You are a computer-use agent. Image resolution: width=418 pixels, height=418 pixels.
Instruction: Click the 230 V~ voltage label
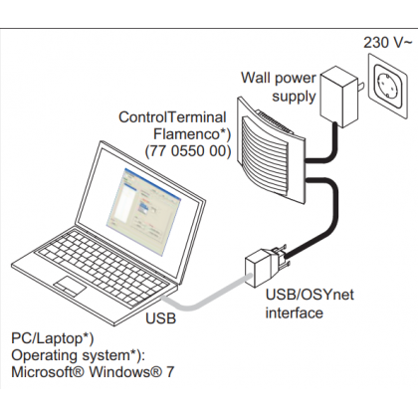click(x=388, y=43)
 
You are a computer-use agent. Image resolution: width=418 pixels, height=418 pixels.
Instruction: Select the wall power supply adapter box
click(x=338, y=97)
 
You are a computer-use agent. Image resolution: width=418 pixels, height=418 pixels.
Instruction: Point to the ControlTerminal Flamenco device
click(x=271, y=149)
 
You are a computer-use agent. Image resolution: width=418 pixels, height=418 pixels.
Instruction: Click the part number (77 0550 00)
click(x=188, y=151)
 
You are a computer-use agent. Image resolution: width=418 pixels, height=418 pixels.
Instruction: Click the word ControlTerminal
click(x=172, y=117)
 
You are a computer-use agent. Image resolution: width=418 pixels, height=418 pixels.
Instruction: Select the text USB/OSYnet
click(x=310, y=295)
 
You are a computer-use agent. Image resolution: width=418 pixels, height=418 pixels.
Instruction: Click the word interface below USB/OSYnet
click(x=295, y=313)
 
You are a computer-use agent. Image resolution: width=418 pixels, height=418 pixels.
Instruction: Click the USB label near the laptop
click(x=160, y=318)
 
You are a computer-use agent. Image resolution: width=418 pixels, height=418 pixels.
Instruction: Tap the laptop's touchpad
click(x=71, y=286)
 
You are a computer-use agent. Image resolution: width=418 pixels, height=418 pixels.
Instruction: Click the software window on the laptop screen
click(x=143, y=212)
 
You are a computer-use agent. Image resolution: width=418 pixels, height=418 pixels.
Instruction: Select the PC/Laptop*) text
click(x=53, y=338)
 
